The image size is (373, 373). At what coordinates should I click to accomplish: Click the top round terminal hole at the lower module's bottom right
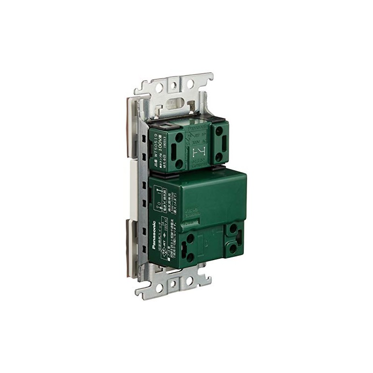[x=232, y=230]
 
